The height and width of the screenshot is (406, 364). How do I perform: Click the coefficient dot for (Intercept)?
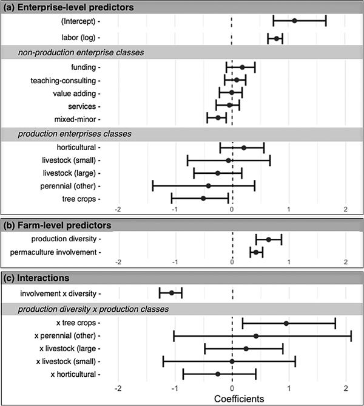tap(295, 21)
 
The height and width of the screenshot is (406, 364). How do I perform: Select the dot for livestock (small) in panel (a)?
tap(228, 160)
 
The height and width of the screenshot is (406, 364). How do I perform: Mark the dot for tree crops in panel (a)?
tap(203, 198)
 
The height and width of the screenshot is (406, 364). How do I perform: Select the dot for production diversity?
tap(269, 239)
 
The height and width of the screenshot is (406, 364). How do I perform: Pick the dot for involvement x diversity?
tap(172, 293)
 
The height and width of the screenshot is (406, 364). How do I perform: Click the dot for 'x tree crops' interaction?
tap(286, 323)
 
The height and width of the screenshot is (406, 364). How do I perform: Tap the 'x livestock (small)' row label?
tap(67, 362)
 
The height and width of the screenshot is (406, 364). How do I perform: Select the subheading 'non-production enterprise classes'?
tap(81, 52)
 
